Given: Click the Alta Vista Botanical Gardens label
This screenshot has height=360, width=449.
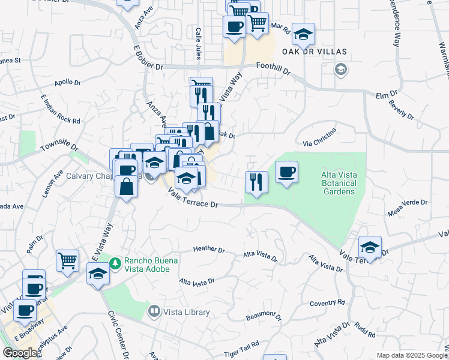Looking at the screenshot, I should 337,183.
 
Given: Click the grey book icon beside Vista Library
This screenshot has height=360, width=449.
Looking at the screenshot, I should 154,311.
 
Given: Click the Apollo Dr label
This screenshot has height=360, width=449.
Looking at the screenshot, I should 67,83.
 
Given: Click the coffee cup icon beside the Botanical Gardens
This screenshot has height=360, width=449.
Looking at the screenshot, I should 286,173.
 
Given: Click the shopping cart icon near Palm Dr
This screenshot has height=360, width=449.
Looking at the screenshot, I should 68,261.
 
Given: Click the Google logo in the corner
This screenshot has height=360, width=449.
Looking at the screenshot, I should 20,353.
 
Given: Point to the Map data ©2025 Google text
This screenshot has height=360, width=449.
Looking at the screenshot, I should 412,355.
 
